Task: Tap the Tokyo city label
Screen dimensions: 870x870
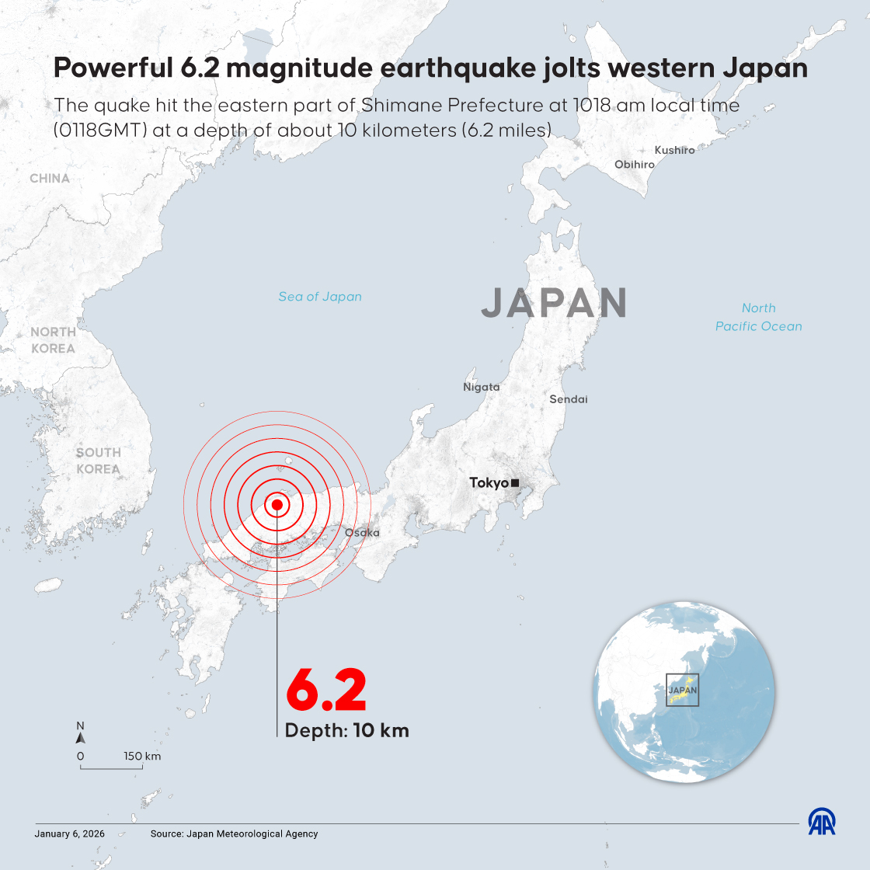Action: pos(489,483)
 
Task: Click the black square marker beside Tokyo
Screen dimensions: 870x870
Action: pos(515,483)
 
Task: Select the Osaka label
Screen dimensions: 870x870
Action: pos(362,533)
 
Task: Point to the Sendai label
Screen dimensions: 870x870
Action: pos(569,399)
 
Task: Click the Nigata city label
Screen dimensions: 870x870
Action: pos(482,387)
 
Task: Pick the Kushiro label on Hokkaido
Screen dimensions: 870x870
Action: pos(674,150)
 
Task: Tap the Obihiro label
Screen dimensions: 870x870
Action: pos(634,165)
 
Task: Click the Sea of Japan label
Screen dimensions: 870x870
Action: pos(320,297)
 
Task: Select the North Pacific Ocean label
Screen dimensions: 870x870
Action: pos(759,318)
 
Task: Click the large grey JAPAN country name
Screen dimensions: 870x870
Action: pos(555,303)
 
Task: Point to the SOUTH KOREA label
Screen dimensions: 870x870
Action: pos(99,461)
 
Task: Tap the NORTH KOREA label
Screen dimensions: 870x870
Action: pos(53,340)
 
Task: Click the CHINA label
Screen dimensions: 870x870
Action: pos(50,179)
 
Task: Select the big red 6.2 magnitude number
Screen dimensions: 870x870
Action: pos(326,689)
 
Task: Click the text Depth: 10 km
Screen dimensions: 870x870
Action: pos(346,730)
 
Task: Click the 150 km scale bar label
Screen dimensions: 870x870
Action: pos(142,756)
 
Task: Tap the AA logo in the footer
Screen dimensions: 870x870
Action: pos(822,823)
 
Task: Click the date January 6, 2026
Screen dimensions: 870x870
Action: pos(69,833)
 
